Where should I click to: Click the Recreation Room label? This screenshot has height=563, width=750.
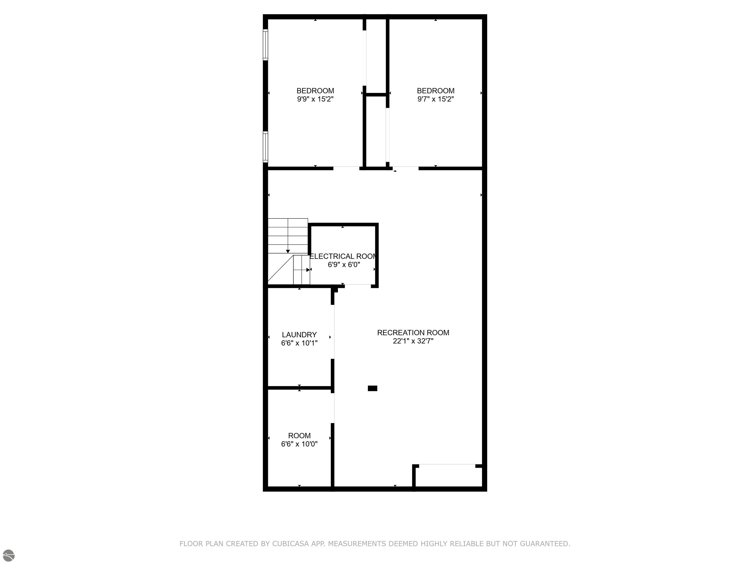(x=413, y=333)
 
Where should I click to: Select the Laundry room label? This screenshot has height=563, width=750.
(x=299, y=335)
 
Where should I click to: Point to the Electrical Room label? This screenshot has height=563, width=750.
(x=343, y=256)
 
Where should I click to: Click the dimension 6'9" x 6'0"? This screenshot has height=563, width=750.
(x=344, y=265)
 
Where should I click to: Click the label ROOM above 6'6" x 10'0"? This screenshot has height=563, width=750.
(x=299, y=435)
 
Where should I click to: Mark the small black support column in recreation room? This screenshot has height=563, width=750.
(x=372, y=388)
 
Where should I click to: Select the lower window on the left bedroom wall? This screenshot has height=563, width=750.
(x=265, y=147)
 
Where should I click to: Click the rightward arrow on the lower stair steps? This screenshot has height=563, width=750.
(x=308, y=270)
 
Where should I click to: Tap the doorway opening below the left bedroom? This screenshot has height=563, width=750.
(x=346, y=168)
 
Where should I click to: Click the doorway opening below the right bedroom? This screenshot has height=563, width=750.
(x=406, y=168)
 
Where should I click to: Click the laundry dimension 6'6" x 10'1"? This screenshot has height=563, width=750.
(x=299, y=343)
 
